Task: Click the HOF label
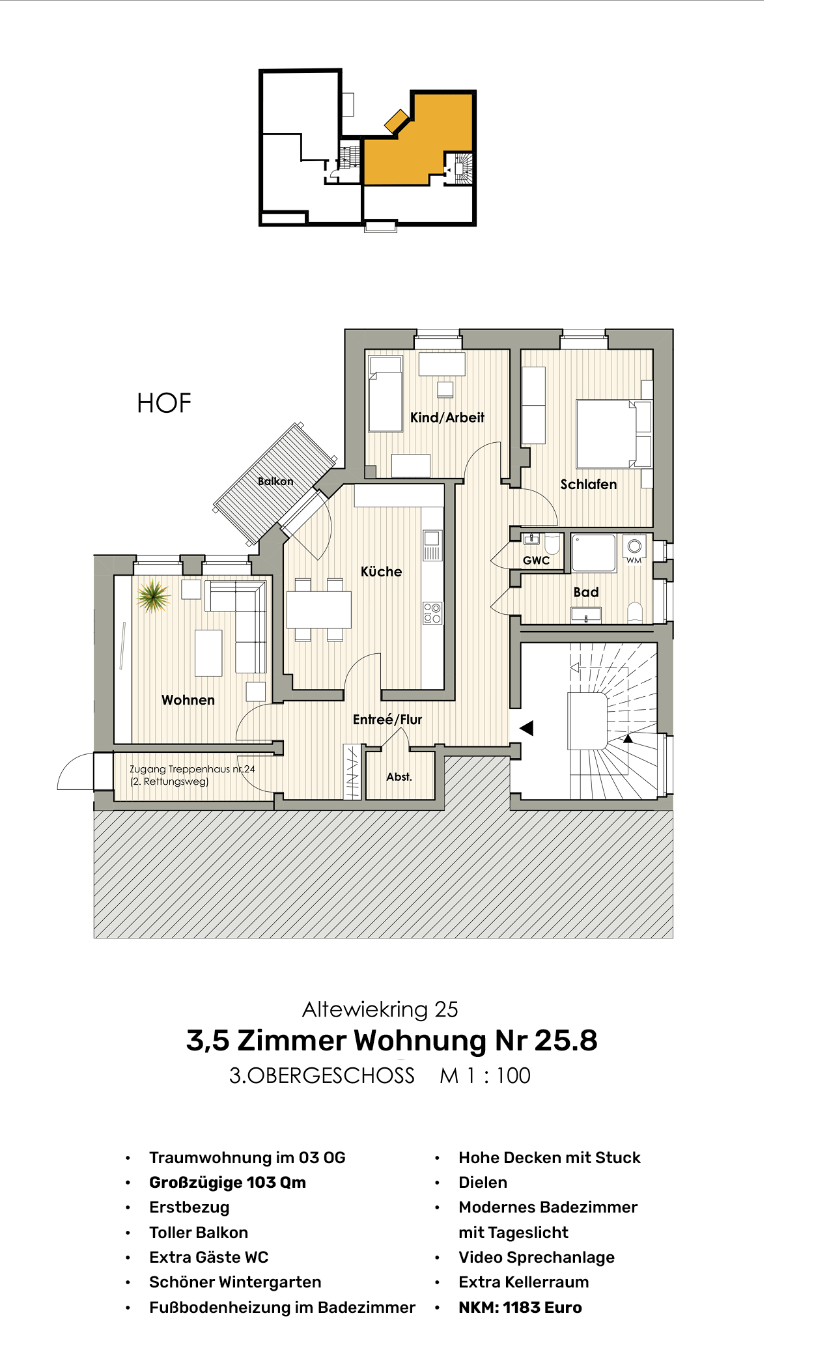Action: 164,404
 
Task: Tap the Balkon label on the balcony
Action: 275,481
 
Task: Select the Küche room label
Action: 381,572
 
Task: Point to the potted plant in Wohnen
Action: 153,596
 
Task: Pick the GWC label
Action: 536,560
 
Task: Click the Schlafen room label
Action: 588,485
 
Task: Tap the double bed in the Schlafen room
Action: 606,434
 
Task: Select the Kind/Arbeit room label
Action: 447,417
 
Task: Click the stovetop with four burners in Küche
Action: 432,613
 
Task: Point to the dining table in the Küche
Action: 319,610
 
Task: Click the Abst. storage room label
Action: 399,777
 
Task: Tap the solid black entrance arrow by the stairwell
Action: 527,728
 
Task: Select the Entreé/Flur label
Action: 387,720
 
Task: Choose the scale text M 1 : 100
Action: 485,1076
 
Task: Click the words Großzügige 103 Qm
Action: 227,1183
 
